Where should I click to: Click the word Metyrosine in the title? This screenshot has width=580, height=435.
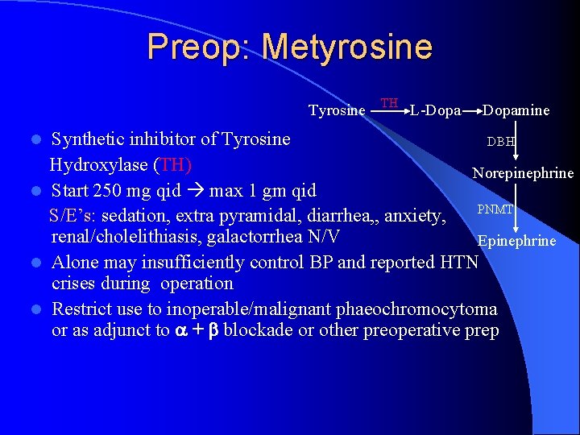point(347,47)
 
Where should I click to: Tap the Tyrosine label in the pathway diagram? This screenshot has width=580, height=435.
point(337,110)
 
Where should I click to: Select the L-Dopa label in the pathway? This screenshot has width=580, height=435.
point(436,110)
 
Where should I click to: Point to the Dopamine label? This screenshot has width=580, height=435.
point(516,110)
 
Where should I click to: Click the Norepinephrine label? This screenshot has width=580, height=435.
point(523,173)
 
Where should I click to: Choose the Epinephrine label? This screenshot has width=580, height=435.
point(516,240)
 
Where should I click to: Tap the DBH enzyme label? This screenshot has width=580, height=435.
point(500,142)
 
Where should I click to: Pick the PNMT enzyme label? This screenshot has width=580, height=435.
point(495,209)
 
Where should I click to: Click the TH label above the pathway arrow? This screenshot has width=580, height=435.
point(389,103)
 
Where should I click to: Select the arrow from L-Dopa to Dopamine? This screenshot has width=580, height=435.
point(471,110)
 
